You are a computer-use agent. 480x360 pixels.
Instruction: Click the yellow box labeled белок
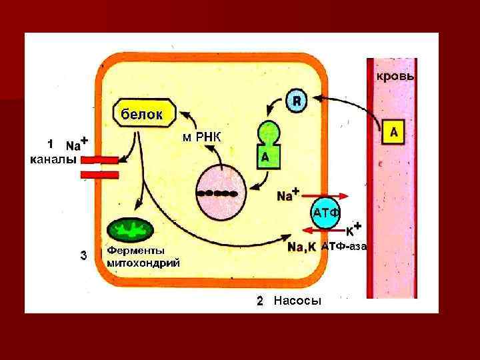coord(141,114)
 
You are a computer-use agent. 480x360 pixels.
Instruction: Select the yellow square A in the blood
coord(394,133)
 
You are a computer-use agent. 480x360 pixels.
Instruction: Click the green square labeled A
coord(265,157)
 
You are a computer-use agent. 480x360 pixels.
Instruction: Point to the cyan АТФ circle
coord(326,213)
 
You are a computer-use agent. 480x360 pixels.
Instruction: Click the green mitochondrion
coord(131,231)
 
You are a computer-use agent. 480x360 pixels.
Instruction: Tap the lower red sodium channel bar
coord(99,175)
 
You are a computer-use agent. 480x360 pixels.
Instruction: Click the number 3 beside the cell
coord(83,254)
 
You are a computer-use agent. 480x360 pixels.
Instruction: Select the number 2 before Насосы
coord(261,301)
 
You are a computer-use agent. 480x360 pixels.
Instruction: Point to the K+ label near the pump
coord(353,229)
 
